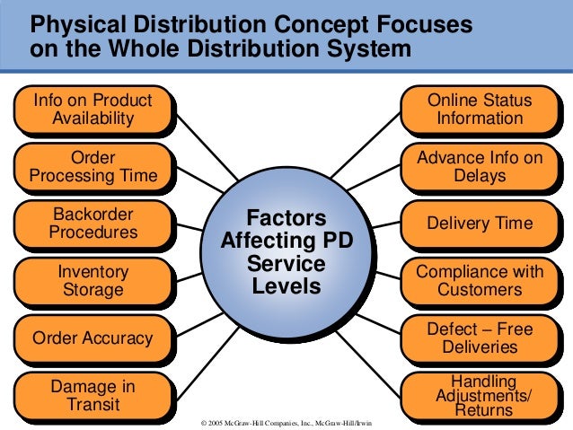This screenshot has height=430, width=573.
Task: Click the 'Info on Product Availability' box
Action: [93, 109]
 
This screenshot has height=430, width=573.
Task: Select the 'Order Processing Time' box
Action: [93, 167]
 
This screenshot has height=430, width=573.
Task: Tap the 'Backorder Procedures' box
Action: [93, 224]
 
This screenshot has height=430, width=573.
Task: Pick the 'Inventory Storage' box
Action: [93, 280]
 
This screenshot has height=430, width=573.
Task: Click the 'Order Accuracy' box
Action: [93, 338]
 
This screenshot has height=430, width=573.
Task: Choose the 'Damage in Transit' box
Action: [93, 395]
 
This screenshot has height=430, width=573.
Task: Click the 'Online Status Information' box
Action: [480, 109]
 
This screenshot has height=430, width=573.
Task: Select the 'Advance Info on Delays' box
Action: [480, 167]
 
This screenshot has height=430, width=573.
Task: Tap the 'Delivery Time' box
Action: [480, 224]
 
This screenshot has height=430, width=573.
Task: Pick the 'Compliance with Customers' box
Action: [480, 280]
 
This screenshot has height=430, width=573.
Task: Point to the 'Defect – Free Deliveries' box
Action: [480, 338]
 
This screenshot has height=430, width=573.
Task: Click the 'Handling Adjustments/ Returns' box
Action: [480, 396]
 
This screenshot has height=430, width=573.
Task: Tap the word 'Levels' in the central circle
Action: [286, 287]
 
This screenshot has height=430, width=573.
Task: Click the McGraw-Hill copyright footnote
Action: [286, 422]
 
